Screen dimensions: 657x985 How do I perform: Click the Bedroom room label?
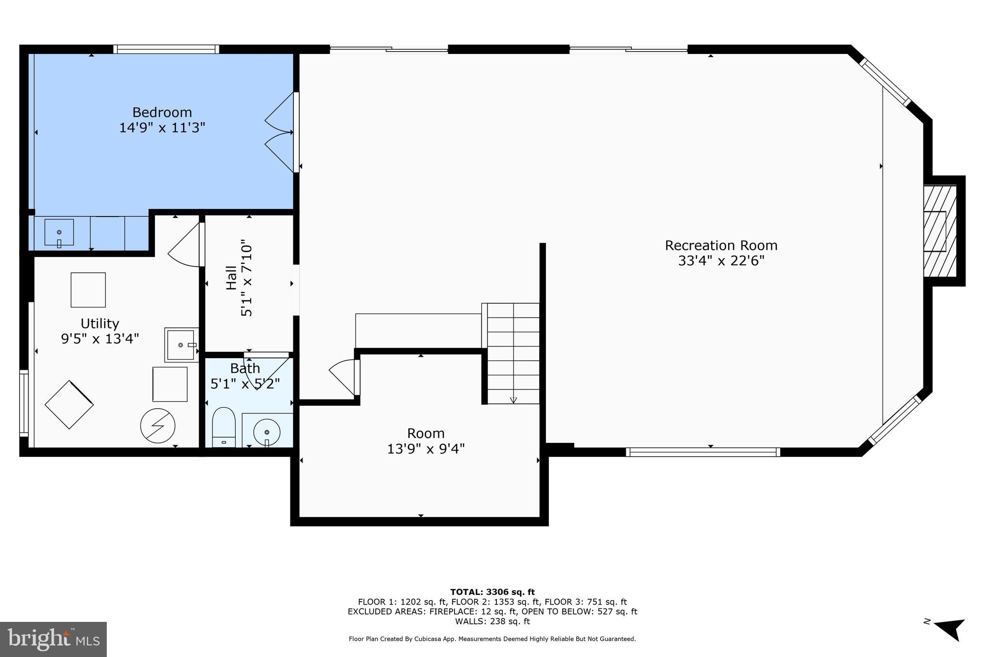162,112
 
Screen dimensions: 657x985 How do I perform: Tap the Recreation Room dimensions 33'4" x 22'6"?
721,261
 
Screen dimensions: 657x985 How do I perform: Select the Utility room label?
100,323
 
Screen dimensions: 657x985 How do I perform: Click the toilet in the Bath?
224,426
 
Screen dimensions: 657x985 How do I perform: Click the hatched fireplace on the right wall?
939,231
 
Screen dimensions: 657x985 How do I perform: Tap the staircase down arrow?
513,399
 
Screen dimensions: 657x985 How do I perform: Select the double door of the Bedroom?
280,132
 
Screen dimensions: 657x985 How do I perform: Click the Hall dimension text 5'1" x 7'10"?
246,278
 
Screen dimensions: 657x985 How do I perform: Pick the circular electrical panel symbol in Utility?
157,426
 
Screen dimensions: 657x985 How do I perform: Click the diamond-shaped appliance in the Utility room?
69,405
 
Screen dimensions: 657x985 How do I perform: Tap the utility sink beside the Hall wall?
181,345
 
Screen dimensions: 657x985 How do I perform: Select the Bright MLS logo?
53,639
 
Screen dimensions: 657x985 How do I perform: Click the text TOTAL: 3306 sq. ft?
492,592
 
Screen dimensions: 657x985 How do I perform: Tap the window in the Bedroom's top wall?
166,49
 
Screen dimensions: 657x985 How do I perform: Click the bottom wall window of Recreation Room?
702,452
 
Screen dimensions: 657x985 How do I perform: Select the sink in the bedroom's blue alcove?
59,233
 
